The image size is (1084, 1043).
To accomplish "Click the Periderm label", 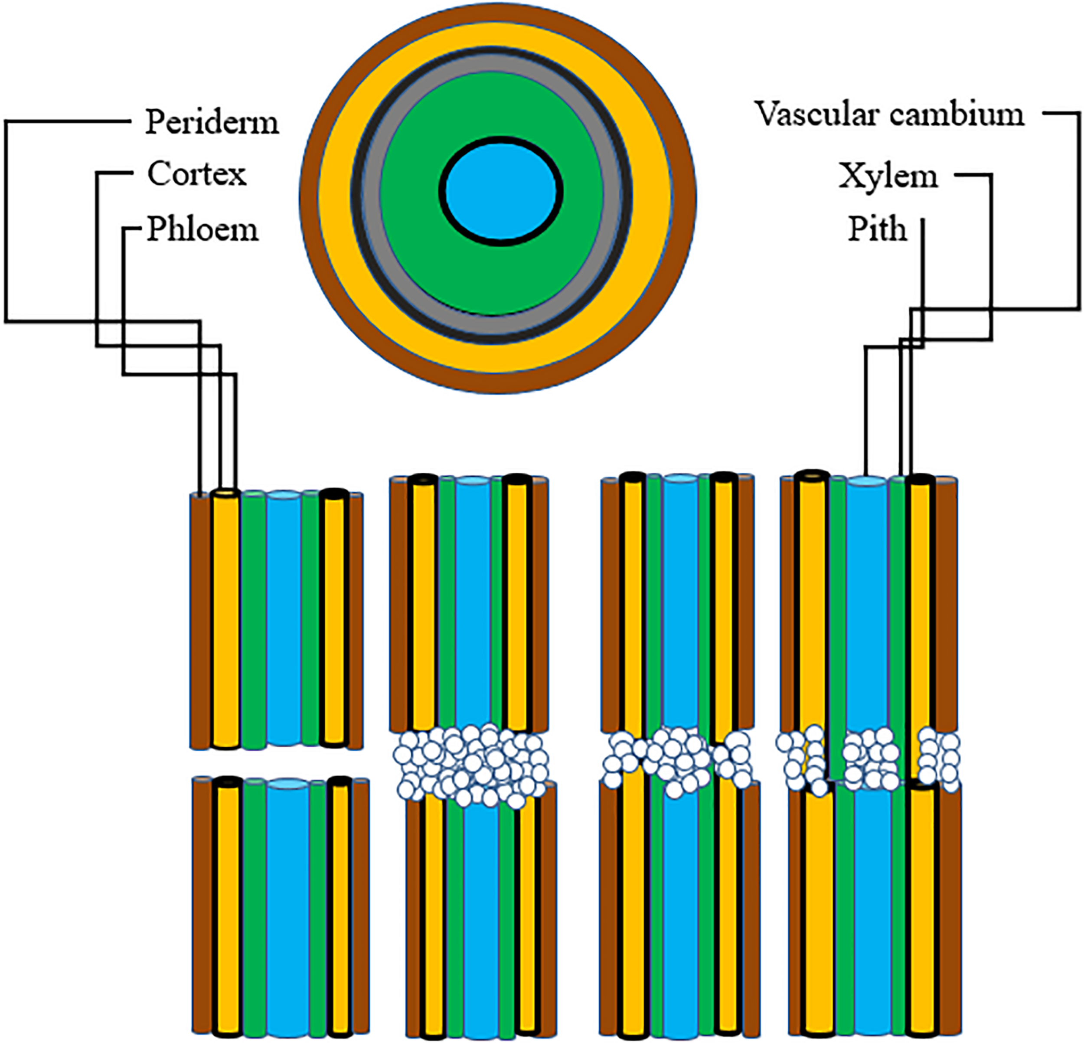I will click(x=212, y=122).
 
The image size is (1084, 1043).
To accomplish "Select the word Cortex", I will click(x=197, y=174).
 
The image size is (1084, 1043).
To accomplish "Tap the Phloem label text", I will click(x=202, y=229).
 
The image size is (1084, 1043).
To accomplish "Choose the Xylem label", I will click(x=888, y=177).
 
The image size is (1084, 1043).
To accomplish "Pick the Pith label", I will click(x=877, y=229).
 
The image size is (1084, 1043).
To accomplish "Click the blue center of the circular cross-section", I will click(x=500, y=191).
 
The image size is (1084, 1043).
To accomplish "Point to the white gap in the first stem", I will click(x=277, y=763).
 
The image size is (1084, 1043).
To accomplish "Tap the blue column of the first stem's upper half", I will click(x=284, y=619).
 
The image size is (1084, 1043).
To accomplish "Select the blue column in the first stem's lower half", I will click(x=287, y=907).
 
